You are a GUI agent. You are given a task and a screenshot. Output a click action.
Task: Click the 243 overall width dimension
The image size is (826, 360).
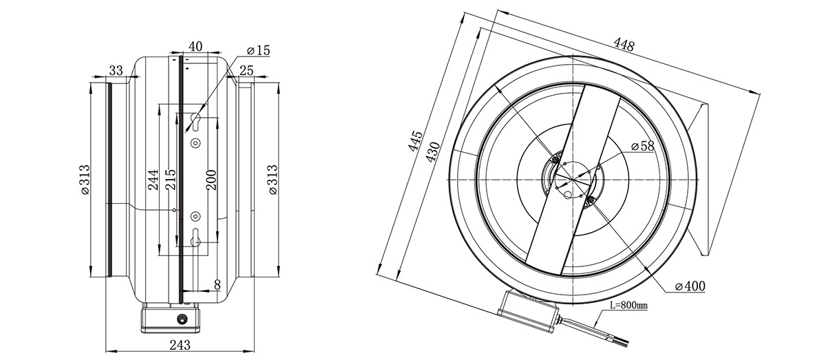point(180,345)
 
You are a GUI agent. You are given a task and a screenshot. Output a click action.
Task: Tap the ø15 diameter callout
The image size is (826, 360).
point(258,50)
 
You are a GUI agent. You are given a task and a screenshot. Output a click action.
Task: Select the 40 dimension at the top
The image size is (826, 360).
point(195,47)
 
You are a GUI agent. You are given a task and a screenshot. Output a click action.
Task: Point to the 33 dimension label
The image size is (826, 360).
point(116,70)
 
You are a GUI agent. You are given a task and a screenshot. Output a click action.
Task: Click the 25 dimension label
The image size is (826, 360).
point(246,70)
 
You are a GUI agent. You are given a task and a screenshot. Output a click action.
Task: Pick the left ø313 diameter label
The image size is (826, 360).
point(85,180)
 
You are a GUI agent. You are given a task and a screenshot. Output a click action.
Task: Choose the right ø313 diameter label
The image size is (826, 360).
point(273,180)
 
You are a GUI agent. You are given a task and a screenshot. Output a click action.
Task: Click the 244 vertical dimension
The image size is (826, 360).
point(153,180)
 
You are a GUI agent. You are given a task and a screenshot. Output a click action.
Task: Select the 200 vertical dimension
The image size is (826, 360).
point(211,180)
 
